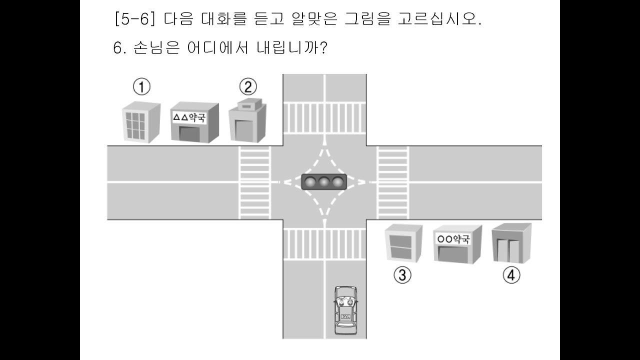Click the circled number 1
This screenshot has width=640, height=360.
click(141, 87)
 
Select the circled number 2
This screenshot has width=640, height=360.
click(248, 86)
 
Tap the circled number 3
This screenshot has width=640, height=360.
click(402, 275)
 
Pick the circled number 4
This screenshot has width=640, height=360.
click(511, 275)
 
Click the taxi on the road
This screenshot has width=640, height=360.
click(346, 314)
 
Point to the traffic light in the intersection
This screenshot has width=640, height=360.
click(324, 181)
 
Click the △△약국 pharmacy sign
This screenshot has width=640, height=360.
click(189, 117)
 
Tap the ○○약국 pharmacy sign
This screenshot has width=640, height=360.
click(453, 239)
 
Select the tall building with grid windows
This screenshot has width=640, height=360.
click(141, 122)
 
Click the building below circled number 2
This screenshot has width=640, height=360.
click(247, 120)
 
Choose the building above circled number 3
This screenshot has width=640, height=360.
click(403, 243)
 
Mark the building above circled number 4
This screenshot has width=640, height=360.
click(511, 243)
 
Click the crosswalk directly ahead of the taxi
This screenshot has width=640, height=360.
click(324, 244)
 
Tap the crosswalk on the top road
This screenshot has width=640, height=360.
click(324, 118)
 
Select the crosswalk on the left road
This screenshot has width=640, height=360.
click(255, 182)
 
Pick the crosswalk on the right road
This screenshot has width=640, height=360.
click(393, 182)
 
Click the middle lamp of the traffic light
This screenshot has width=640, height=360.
click(324, 181)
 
